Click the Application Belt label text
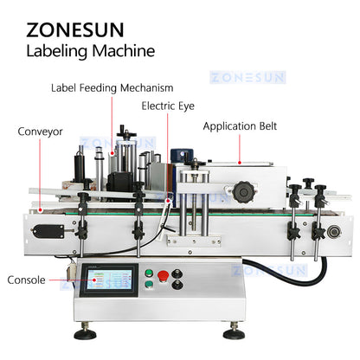[247, 125]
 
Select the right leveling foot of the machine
[255, 332]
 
